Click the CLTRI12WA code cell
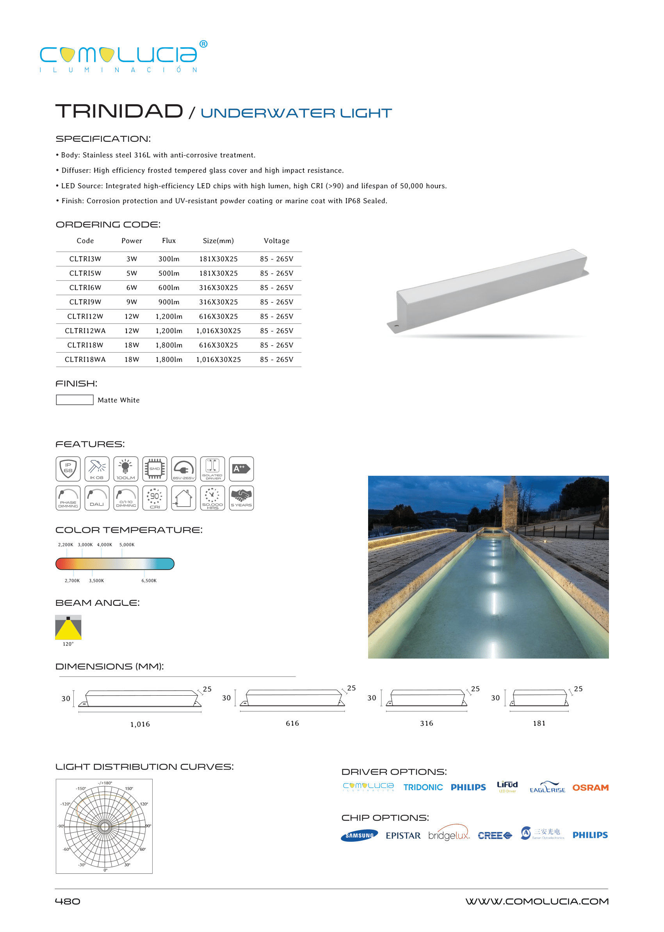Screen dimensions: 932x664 point(85,330)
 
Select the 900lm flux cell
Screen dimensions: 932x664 point(169,302)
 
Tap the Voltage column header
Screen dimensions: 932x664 point(276,241)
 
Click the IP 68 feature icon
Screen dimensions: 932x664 point(68,468)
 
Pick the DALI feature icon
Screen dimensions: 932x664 point(97,498)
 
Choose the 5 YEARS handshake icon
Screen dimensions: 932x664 point(241,498)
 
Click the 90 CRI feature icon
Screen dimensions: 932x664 point(155,498)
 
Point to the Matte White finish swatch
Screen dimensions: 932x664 point(75,400)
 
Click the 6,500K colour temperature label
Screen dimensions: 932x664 point(149,580)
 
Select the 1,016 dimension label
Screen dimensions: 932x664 point(140,724)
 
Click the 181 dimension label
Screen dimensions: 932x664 point(539,723)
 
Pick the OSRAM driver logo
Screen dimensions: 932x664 point(590,787)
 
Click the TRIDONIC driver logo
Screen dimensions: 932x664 point(423,787)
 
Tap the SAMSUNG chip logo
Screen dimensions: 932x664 point(359,836)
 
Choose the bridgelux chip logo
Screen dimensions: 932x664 point(449,835)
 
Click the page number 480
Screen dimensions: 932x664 point(68,901)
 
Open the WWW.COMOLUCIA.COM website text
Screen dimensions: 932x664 point(536,901)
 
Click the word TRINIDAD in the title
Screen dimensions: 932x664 point(119,111)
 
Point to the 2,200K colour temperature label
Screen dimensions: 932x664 point(66,545)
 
